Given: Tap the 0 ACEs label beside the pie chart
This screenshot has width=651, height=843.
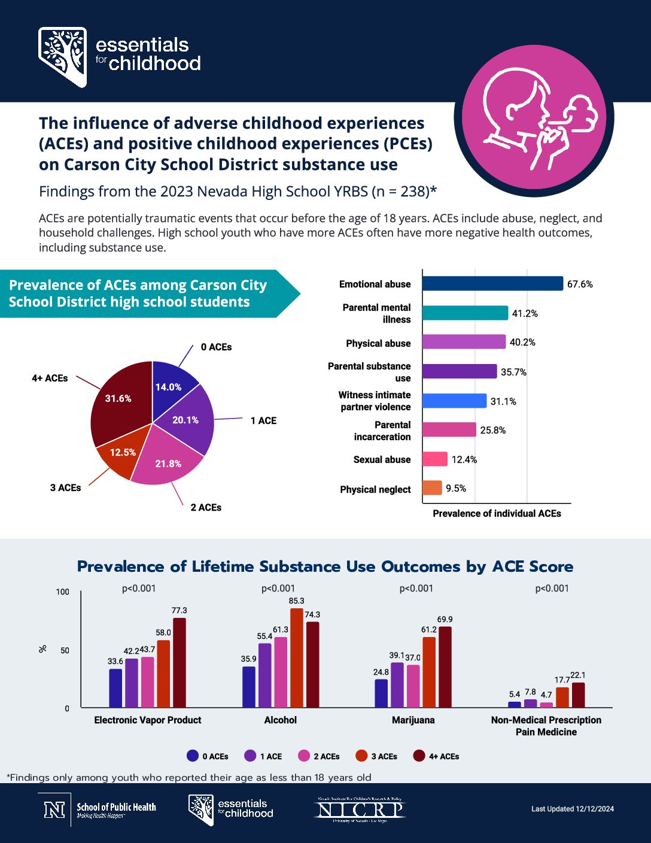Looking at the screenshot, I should (216, 347).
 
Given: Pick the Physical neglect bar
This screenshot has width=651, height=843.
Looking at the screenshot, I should (432, 488).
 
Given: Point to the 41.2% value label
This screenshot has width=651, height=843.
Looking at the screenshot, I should (525, 313).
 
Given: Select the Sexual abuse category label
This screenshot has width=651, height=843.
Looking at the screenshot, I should (382, 460).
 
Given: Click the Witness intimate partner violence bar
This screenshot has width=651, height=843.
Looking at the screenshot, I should (454, 401).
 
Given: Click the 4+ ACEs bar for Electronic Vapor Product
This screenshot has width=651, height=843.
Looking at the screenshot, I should (180, 663).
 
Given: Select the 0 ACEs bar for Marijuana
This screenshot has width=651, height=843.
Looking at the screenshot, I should (381, 693).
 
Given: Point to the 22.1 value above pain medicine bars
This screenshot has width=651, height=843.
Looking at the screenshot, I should (578, 675).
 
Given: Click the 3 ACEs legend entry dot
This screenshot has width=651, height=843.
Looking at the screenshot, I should (361, 756).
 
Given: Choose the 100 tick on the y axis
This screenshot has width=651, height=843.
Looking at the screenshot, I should (63, 592).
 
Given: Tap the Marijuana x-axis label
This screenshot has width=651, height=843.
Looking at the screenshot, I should (413, 720).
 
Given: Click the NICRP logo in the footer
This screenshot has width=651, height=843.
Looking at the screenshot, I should (360, 810).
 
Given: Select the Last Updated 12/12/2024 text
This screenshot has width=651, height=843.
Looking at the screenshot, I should (573, 809).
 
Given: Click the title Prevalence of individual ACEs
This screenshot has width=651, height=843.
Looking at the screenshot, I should (497, 514).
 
